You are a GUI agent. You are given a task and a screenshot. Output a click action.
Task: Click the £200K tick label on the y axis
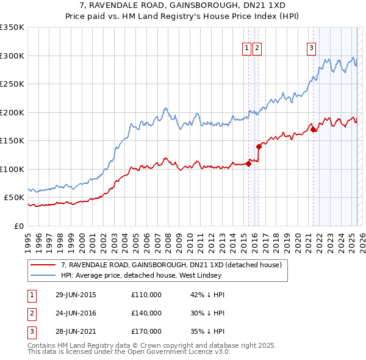(x=12, y=112)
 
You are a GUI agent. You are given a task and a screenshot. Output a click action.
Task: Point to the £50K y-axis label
(x=14, y=198)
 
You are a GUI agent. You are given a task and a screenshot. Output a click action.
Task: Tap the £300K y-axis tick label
(x=12, y=56)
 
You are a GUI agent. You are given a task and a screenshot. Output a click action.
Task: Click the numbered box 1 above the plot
(x=246, y=49)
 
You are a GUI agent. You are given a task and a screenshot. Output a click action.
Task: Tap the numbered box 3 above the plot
(x=311, y=49)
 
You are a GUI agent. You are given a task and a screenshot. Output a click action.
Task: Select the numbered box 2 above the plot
(x=257, y=49)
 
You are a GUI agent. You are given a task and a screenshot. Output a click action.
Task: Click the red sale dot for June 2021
(x=313, y=129)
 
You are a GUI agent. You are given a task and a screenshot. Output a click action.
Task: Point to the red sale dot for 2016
(x=259, y=146)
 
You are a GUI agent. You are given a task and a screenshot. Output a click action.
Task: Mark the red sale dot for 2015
(x=248, y=164)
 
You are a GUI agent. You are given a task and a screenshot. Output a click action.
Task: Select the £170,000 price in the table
(x=146, y=331)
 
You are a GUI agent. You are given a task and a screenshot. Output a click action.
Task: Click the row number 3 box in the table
(x=30, y=331)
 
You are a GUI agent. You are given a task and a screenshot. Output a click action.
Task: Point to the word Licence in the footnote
(x=202, y=351)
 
